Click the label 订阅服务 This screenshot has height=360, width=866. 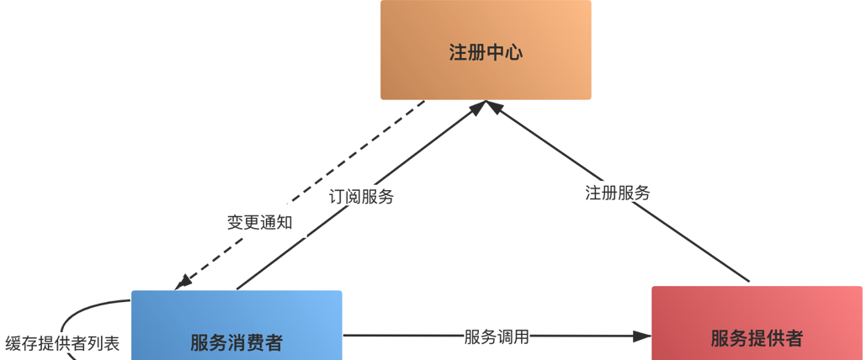coord(361,197)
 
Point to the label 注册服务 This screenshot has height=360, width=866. coord(618,193)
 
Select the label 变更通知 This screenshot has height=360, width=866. coord(260,222)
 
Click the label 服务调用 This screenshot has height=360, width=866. coord(497,336)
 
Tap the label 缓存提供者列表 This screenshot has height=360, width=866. coord(62,343)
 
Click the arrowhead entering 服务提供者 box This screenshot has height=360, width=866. coord(643,336)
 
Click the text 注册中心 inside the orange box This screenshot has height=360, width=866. coord(486,52)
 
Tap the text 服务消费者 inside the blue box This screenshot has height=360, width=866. coord(236,342)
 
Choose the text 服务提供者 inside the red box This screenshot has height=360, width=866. coord(757,338)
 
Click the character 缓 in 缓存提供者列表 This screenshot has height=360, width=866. coord(13,343)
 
